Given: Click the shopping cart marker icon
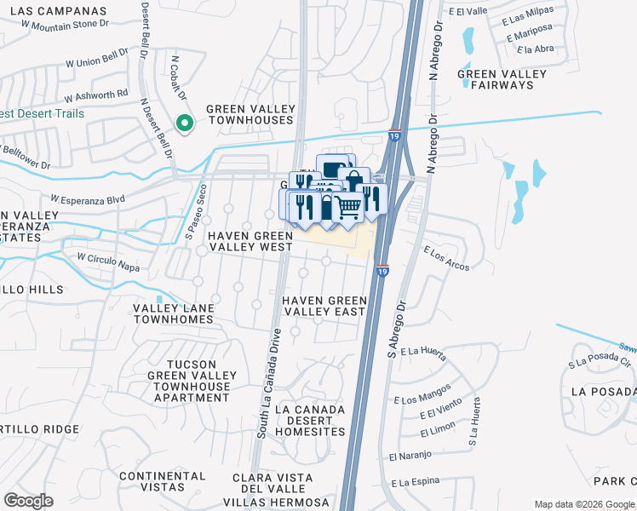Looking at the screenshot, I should (347, 206).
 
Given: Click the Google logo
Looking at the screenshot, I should (29, 501).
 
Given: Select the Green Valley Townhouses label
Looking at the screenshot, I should (250, 115).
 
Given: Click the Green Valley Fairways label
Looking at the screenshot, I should (502, 80).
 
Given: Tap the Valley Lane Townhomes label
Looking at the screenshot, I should (172, 313).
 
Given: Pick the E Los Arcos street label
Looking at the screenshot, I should (446, 258).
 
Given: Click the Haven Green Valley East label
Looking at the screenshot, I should (324, 307).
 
